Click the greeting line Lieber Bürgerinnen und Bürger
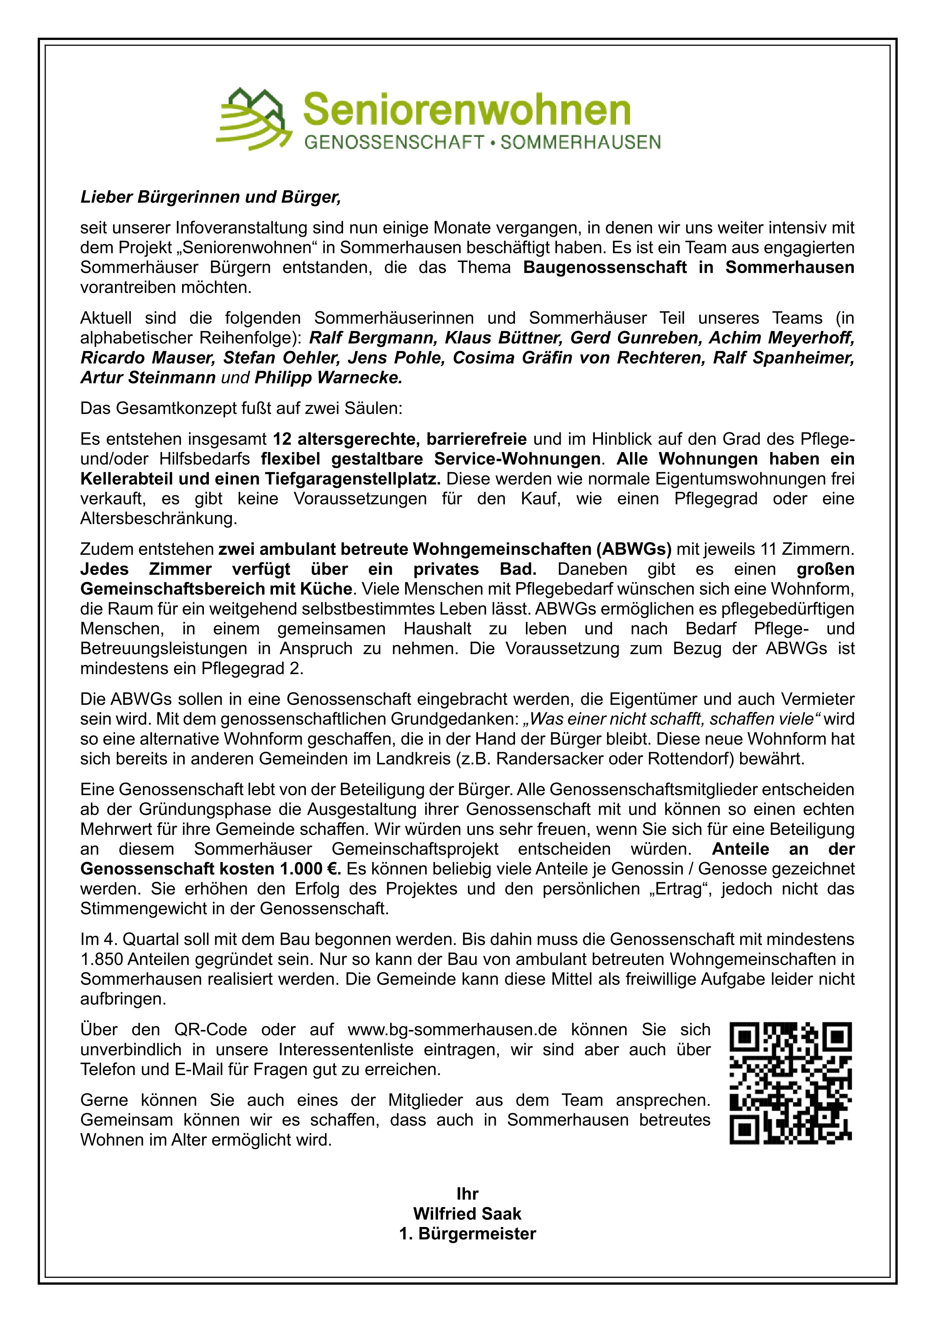(211, 198)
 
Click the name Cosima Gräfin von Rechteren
(578, 358)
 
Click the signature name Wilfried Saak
(467, 1214)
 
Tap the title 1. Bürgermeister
(467, 1234)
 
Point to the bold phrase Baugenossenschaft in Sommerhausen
(688, 268)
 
